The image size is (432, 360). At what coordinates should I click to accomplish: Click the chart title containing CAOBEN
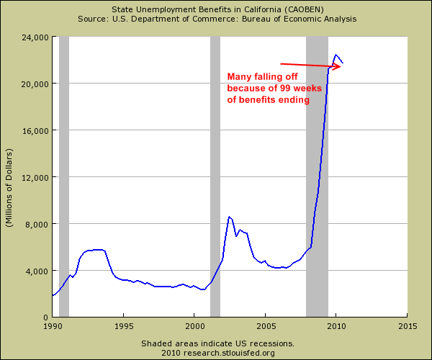(217, 9)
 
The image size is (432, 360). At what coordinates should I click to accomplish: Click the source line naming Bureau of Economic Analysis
(217, 19)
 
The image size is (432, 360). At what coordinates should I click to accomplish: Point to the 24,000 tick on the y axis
(35, 37)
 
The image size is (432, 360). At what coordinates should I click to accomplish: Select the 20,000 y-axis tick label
(35, 84)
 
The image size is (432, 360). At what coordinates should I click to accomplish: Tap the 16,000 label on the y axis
(35, 131)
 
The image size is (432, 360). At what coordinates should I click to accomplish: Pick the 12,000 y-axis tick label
(35, 178)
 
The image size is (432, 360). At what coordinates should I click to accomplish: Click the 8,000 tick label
(37, 225)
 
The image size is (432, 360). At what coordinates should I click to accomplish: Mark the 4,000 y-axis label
(37, 271)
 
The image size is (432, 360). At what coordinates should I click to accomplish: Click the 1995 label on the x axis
(124, 326)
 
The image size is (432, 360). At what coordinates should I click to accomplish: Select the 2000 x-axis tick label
(194, 326)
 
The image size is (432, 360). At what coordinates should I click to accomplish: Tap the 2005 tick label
(266, 326)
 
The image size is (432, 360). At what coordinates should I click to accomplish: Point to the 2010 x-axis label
(336, 326)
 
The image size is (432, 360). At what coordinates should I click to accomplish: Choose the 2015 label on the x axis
(408, 326)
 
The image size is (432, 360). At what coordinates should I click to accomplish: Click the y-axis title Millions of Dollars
(9, 188)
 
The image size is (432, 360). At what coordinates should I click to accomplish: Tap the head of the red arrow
(341, 67)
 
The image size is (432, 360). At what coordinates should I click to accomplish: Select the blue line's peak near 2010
(336, 55)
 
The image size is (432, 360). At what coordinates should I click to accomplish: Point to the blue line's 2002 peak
(229, 217)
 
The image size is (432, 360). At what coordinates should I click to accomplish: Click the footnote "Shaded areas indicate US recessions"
(217, 343)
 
